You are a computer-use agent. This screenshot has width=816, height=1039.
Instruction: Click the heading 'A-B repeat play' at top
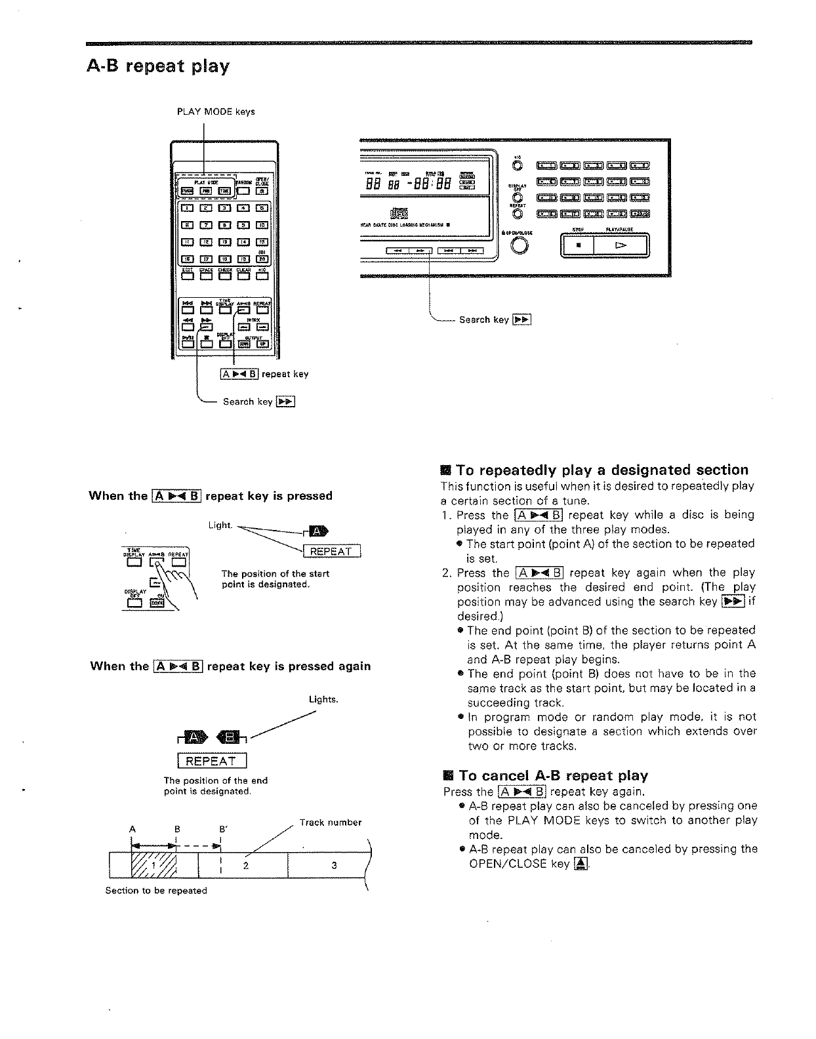[158, 66]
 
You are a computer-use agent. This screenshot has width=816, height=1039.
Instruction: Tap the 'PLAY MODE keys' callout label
[216, 112]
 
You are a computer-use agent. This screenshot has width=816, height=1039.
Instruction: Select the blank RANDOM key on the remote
[243, 192]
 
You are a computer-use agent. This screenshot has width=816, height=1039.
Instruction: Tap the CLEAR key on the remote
[243, 275]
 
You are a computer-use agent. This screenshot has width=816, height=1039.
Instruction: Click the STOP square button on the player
[578, 246]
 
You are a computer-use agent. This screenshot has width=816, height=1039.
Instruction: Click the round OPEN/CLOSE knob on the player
[518, 245]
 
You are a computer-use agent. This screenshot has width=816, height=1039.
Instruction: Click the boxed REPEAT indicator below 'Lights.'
[211, 761]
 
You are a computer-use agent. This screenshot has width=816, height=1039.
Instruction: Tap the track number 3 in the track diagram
[334, 865]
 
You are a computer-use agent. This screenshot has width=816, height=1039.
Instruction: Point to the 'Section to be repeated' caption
[156, 891]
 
